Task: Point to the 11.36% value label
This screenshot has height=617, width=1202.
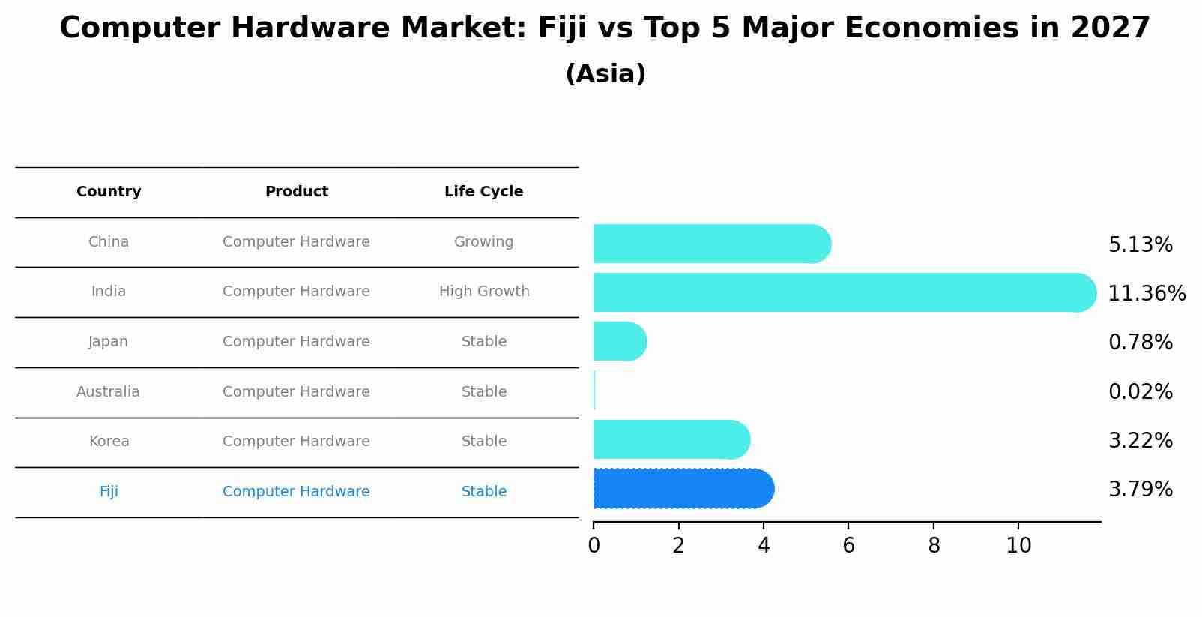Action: pos(1146,294)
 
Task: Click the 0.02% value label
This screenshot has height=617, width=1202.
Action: pos(1140,391)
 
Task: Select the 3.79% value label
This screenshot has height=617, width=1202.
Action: pos(1140,490)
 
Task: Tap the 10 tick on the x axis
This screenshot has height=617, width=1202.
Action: pos(1018,546)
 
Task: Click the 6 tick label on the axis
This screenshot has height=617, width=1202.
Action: pos(848,546)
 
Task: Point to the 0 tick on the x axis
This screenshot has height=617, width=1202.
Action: pos(594,546)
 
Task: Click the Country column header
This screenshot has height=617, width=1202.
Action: pos(109,192)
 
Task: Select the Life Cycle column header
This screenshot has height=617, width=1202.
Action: pos(483,192)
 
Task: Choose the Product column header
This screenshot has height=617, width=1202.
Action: pos(296,192)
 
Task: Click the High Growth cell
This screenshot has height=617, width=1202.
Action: pos(483,292)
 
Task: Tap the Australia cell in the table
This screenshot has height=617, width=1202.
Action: pos(108,392)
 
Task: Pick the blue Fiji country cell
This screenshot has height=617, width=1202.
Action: pos(109,492)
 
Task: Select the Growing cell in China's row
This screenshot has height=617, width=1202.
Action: pos(483,242)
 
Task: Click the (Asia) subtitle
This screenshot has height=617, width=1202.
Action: pos(605,74)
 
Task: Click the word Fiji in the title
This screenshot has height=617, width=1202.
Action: pos(561,28)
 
